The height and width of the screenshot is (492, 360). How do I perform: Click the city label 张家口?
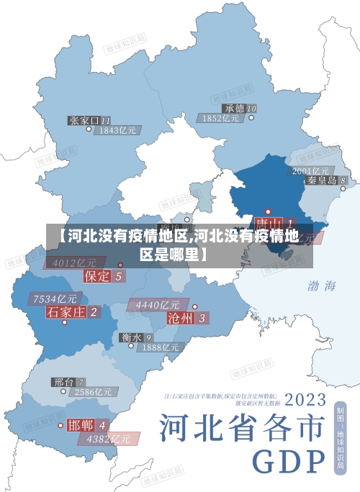[x=85, y=120]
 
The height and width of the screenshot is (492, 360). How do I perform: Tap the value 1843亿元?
[x=117, y=131]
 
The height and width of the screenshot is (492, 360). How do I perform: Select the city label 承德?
[x=234, y=108]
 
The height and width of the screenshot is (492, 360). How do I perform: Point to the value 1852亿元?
[x=221, y=118]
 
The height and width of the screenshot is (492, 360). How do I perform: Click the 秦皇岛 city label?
[x=322, y=181]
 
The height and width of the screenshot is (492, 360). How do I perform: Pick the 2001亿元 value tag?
[x=310, y=170]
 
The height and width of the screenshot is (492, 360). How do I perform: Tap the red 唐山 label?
[x=267, y=224]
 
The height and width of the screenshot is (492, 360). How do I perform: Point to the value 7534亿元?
[x=55, y=299]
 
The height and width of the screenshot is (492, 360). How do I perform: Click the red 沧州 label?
[x=181, y=317]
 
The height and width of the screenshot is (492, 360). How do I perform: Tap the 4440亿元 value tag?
[x=158, y=305]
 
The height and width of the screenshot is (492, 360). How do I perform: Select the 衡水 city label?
[x=131, y=337]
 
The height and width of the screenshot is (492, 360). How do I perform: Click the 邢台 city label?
[x=64, y=381]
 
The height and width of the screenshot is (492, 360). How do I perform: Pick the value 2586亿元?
[x=94, y=392]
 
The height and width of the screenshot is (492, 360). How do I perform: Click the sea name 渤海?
[x=322, y=286]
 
